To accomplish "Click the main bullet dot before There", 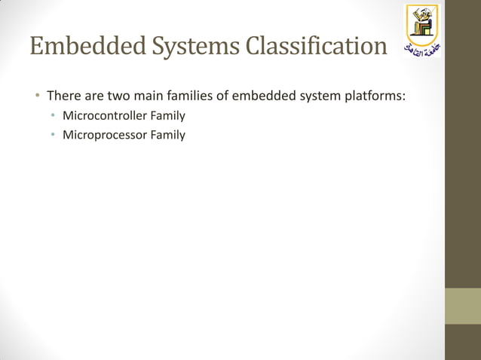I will [x=35, y=96].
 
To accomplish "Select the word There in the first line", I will [x=63, y=96].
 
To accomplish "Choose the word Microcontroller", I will [x=105, y=116].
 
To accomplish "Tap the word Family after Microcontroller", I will [x=167, y=116].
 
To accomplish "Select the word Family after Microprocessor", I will [x=167, y=135].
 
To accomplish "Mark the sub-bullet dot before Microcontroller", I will [x=53, y=116].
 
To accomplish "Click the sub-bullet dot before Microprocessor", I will [x=53, y=135].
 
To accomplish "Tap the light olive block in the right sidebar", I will [x=462, y=306].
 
